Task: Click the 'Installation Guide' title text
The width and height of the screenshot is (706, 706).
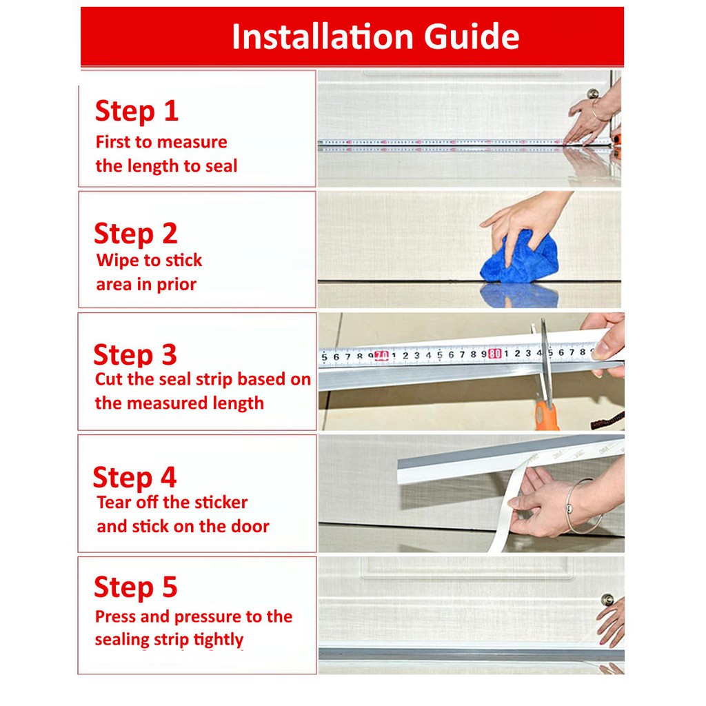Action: (376, 37)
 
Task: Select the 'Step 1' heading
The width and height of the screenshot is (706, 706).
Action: (137, 111)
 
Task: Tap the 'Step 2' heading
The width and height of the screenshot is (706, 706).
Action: (136, 234)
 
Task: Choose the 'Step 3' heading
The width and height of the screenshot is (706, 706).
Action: (135, 355)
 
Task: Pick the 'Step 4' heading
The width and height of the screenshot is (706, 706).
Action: (134, 478)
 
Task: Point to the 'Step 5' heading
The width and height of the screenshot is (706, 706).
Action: (136, 587)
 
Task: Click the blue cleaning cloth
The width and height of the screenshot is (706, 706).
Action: (519, 258)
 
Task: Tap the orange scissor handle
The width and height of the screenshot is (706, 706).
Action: (546, 416)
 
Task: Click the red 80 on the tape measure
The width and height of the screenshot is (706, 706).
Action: (495, 354)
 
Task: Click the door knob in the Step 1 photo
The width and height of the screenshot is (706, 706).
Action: (593, 94)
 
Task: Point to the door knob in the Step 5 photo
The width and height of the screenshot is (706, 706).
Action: (607, 600)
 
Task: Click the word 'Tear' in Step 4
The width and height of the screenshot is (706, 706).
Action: (112, 503)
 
